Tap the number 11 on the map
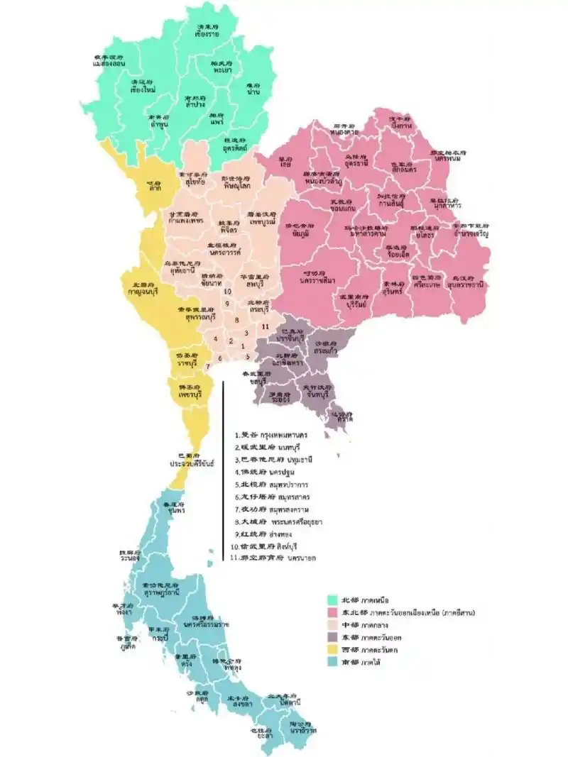tap(265, 326)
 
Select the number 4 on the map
tap(215, 338)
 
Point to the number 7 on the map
tap(207, 366)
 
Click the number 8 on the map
tap(236, 320)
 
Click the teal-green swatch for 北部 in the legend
tap(331, 600)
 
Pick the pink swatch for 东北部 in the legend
tap(331, 612)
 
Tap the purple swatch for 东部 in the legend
tap(331, 637)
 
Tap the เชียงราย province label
tap(207, 33)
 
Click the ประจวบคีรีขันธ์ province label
tap(192, 462)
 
